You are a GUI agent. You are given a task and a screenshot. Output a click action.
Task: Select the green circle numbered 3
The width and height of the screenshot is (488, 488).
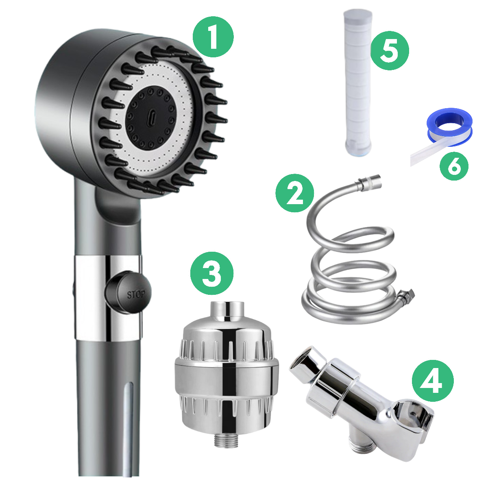(212, 274)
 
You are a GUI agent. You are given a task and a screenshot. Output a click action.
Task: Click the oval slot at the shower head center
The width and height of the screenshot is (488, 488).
(150, 118)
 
